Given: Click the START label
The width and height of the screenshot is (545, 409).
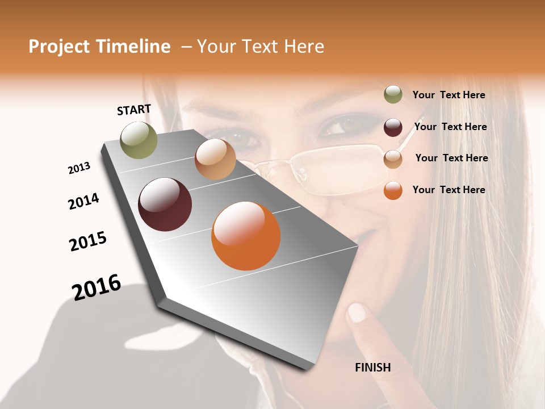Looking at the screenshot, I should [x=134, y=110].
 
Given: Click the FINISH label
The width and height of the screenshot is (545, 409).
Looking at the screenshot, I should [x=372, y=368].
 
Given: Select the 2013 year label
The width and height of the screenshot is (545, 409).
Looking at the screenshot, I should [x=79, y=168].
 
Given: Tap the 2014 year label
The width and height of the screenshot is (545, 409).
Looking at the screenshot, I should [x=83, y=201].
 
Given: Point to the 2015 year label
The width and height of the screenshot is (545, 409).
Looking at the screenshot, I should [x=88, y=241].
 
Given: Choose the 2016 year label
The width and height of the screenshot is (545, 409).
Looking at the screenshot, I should [x=97, y=287].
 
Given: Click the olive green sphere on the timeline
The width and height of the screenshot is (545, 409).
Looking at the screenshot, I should [x=139, y=140].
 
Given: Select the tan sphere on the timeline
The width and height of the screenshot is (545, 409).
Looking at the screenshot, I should [x=215, y=159].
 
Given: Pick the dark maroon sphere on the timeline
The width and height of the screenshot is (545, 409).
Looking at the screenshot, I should [x=165, y=204].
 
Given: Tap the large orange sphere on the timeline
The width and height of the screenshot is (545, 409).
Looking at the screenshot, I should [x=246, y=236].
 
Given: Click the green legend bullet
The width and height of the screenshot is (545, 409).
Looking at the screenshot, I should [x=393, y=95].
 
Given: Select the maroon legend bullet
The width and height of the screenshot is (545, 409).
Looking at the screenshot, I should [x=393, y=127].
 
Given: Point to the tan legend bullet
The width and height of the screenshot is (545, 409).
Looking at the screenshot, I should [x=393, y=159].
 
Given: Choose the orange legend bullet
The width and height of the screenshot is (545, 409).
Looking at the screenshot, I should [x=393, y=190].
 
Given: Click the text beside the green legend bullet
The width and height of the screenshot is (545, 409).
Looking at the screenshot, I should [x=448, y=95].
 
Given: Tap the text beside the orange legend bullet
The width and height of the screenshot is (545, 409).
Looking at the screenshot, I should [x=448, y=190].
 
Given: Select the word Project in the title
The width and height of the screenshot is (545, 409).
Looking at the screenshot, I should [x=58, y=47].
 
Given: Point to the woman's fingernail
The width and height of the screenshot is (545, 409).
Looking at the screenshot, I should [x=357, y=312].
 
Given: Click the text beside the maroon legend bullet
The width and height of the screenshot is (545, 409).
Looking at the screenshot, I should [x=450, y=127].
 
